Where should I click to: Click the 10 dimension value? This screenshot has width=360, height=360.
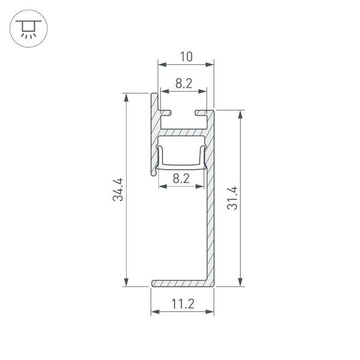[x=186, y=56]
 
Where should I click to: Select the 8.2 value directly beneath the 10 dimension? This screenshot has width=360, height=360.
[x=184, y=84]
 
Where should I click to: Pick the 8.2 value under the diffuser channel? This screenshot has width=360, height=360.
[x=181, y=178]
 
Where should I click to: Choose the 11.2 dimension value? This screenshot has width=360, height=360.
[x=182, y=304]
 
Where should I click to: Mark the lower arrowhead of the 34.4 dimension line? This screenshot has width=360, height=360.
[x=126, y=283]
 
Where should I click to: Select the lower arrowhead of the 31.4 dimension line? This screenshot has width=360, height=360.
[x=241, y=283]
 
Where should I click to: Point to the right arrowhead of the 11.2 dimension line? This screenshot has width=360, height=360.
[x=211, y=312]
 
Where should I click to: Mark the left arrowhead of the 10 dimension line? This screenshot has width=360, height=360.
[x=161, y=64]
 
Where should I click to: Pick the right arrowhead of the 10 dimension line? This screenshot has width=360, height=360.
[x=211, y=64]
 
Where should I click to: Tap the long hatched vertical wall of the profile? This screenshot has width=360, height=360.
[x=210, y=228]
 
